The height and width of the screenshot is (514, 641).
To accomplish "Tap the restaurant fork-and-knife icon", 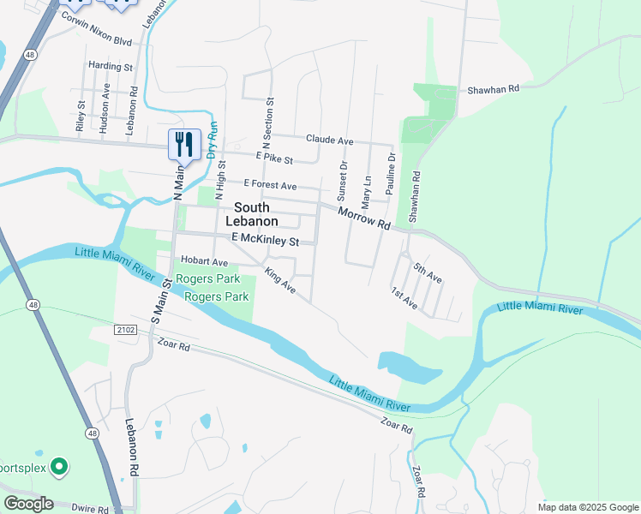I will pos(183,144).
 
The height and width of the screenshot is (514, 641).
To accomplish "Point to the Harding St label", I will pos(111,66).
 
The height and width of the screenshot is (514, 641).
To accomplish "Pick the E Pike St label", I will pos(274,159).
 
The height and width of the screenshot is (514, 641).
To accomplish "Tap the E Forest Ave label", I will pos(270,185).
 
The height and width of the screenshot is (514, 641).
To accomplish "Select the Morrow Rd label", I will pos(363,218).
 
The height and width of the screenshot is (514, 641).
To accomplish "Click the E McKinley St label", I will pos(264,242).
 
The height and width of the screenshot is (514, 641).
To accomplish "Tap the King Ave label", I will pos(280,282).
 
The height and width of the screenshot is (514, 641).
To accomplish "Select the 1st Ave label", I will pos(404,298).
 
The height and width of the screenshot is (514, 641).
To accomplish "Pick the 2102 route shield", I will pos(125,328).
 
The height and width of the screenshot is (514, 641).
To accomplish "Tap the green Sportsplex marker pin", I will pos(58,467).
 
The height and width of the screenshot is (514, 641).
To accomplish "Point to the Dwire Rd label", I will pos(91,509).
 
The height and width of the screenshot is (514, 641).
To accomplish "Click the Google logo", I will pos(28,504).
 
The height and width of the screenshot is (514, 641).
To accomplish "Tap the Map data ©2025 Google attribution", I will pos(586,506).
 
